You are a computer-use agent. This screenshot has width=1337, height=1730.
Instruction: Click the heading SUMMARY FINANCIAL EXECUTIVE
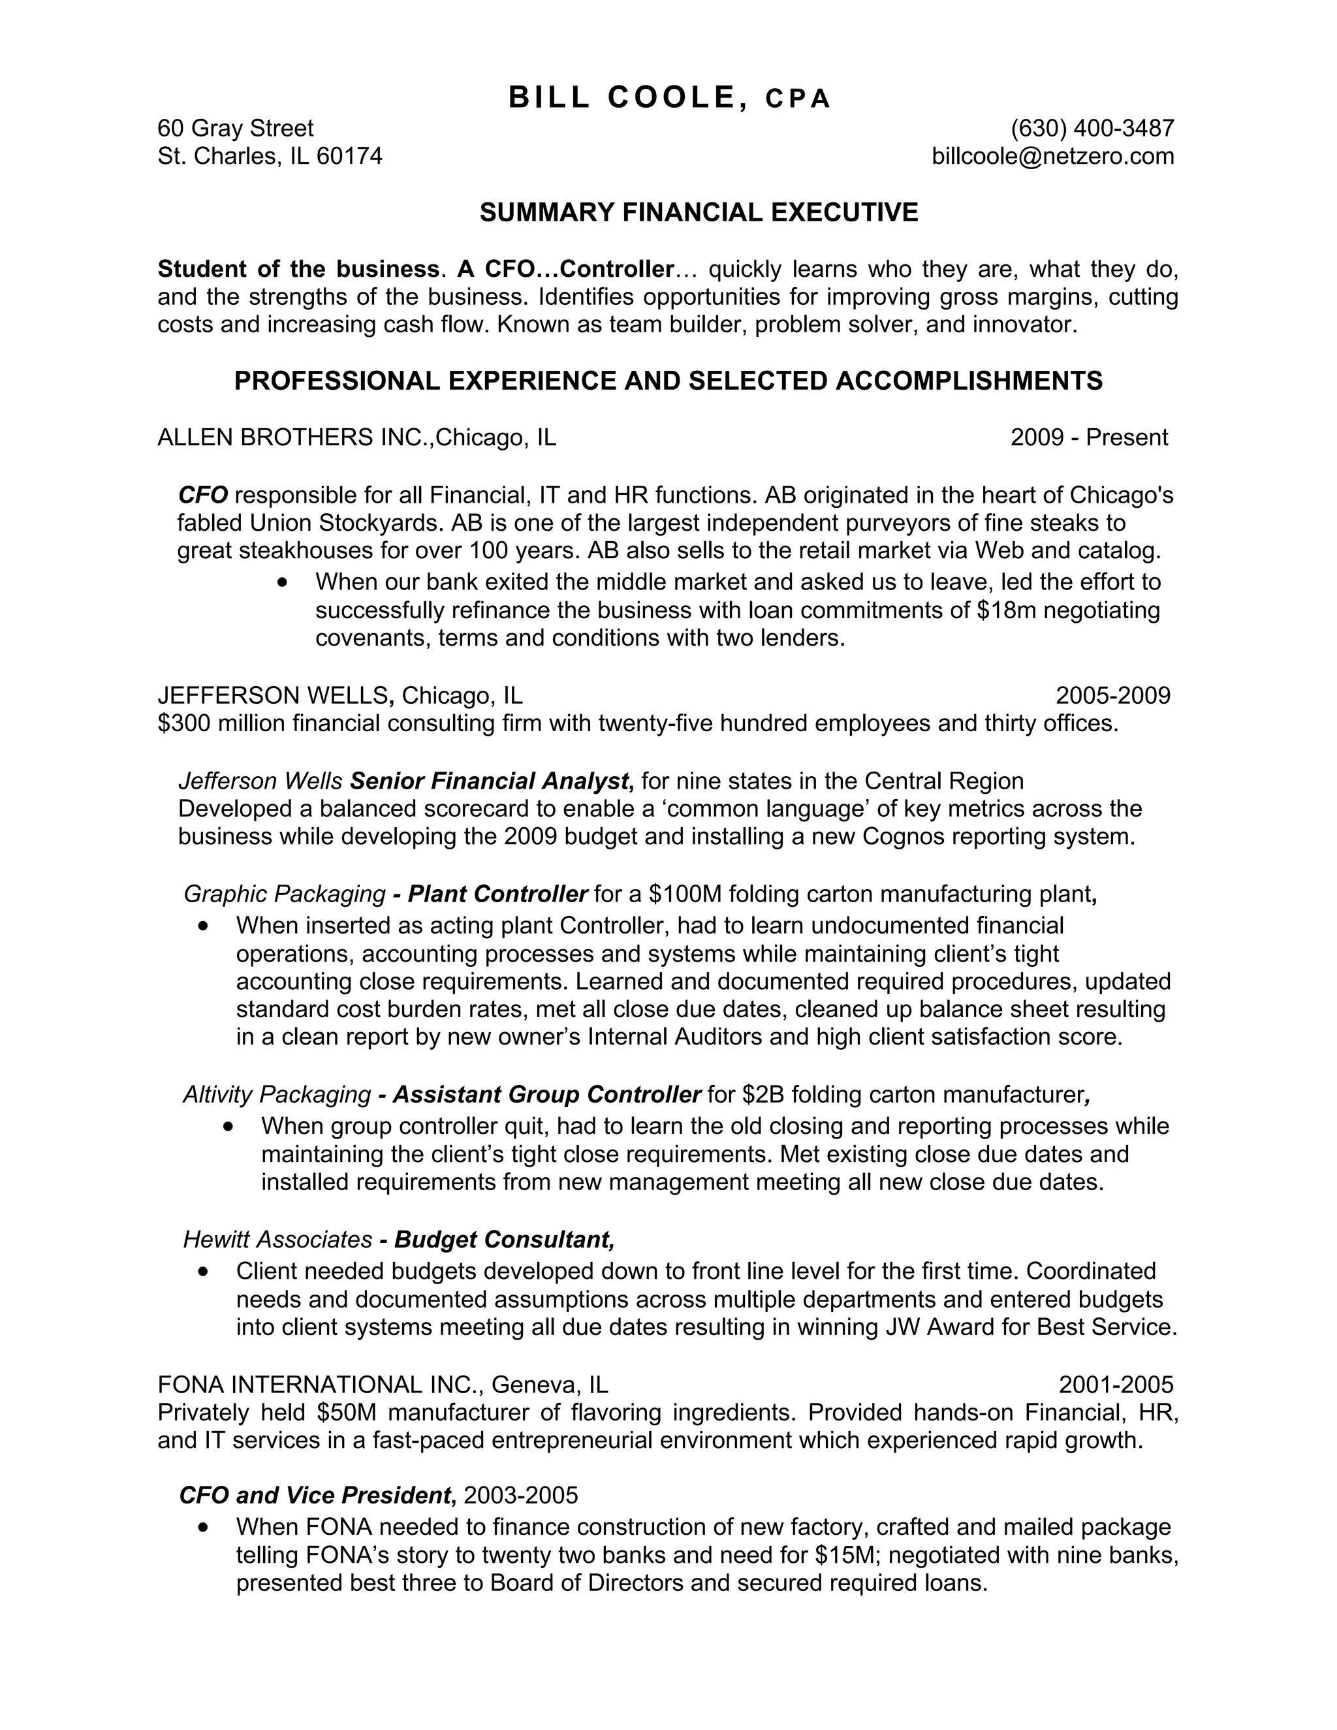(699, 212)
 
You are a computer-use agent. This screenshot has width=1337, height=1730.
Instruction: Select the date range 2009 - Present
(1088, 437)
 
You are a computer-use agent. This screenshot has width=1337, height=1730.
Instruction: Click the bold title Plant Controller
(497, 894)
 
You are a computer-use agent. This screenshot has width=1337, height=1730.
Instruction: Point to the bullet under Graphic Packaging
(204, 925)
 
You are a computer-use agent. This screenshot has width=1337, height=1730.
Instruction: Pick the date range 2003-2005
(520, 1496)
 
